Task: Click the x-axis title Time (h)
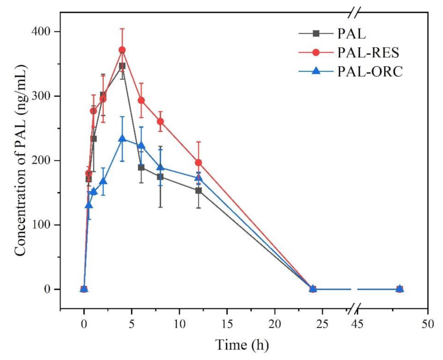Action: click(242, 344)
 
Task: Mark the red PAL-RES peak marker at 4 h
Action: click(122, 50)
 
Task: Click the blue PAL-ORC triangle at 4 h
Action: click(122, 139)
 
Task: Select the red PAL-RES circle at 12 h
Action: click(198, 162)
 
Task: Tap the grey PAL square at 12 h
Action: click(198, 190)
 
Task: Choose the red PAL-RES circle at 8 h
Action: click(160, 122)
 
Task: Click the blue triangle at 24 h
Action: click(313, 289)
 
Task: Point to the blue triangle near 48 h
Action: click(399, 289)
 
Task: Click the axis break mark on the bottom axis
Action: click(354, 309)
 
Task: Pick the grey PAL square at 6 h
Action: click(141, 167)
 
